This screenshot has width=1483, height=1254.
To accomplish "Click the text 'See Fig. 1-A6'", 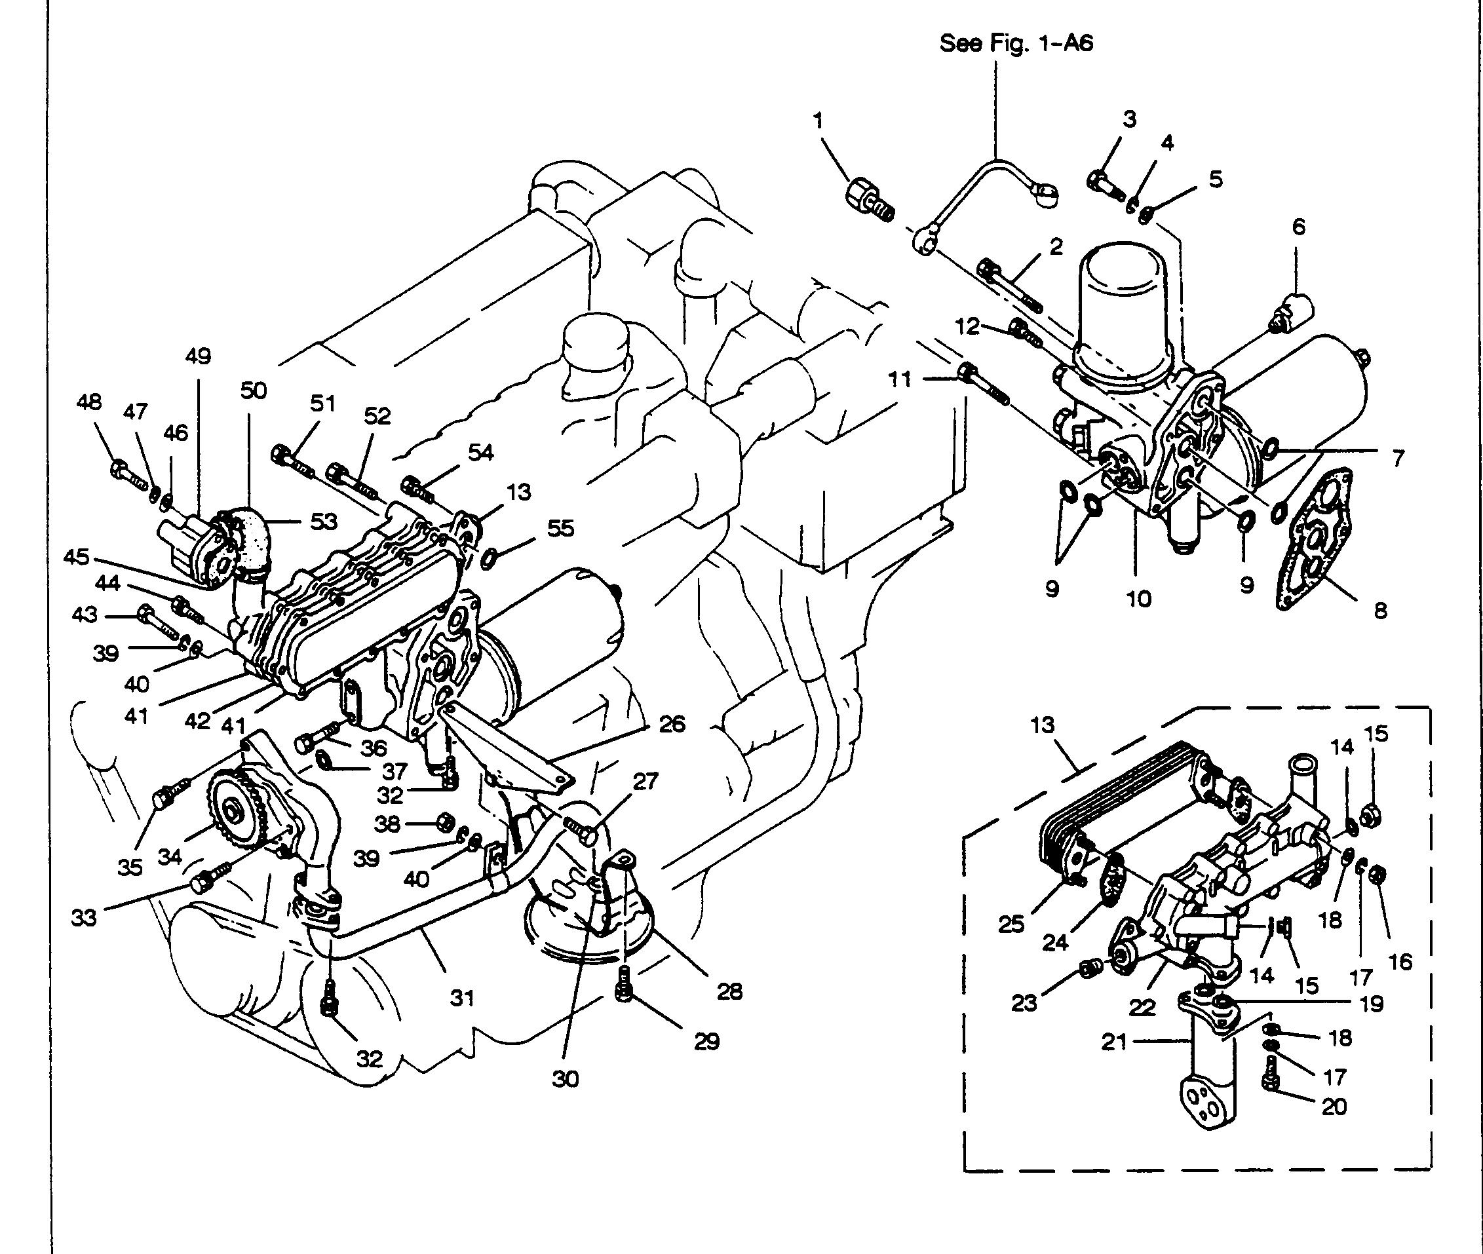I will (x=1016, y=43).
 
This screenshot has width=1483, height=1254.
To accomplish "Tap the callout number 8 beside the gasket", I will (x=1380, y=611).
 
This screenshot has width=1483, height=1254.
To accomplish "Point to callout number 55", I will (x=561, y=527).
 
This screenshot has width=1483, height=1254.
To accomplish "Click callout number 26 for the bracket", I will (x=672, y=725).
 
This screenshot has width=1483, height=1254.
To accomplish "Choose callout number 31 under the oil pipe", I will (x=462, y=998).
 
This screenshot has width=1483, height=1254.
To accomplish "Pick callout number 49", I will (x=199, y=356).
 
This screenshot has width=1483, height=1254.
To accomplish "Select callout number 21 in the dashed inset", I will (x=1115, y=1042).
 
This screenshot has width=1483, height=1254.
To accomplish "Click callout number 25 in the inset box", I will (x=1011, y=924).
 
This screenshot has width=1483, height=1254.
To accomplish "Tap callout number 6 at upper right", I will (x=1299, y=227).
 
